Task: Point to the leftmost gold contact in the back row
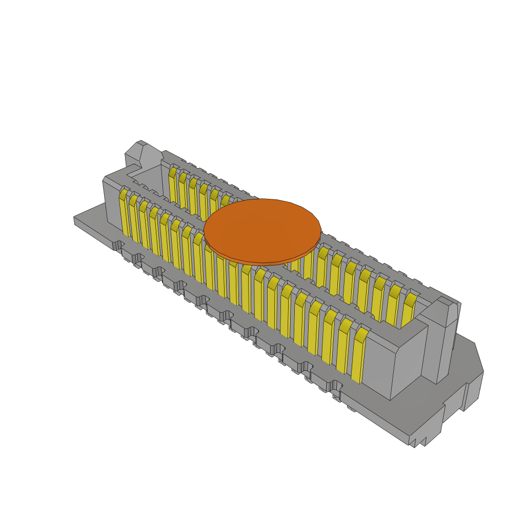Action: point(173,185)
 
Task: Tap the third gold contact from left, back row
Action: point(193,195)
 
